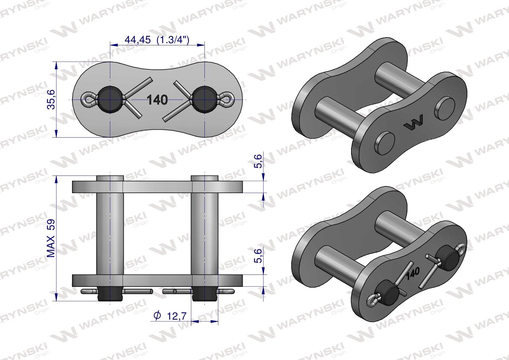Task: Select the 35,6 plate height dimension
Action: (x=51, y=99)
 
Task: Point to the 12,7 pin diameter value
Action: (x=177, y=316)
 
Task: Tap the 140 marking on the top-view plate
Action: (x=157, y=100)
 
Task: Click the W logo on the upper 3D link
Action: (x=414, y=123)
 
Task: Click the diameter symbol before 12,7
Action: (x=158, y=316)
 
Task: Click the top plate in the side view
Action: (x=158, y=186)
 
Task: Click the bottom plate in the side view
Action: (x=158, y=280)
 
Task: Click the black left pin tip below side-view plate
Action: (x=110, y=295)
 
